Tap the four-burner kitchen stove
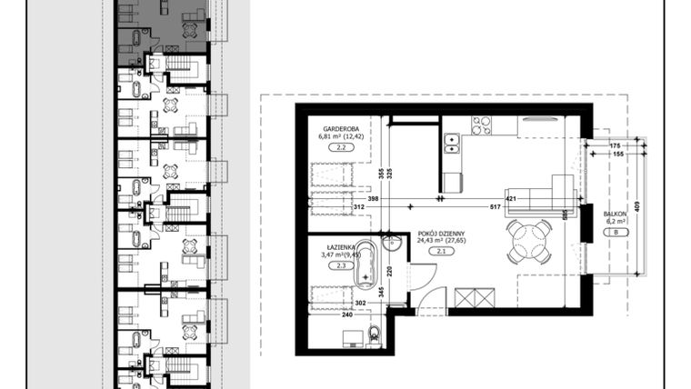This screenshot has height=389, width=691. (481, 126)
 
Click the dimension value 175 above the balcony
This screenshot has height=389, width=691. (615, 145)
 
